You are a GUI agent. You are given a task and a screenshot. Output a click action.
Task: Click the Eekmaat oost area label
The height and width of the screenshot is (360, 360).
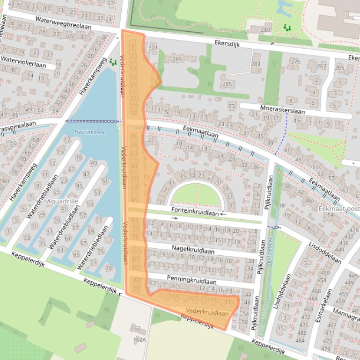point(339,208)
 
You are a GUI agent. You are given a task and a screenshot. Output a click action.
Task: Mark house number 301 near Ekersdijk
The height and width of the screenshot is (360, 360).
point(153,48)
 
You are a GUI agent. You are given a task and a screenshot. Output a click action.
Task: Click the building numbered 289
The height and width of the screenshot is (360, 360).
point(176,59)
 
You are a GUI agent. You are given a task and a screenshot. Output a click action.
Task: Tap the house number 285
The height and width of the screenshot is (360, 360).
point(227,84)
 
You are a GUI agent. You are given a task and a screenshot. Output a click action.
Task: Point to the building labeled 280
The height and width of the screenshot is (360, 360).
point(265,30)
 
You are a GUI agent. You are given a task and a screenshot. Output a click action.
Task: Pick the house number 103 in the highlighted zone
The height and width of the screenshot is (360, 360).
point(174,296)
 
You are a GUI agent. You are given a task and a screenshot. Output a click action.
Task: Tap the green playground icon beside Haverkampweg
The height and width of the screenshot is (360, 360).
point(112,61)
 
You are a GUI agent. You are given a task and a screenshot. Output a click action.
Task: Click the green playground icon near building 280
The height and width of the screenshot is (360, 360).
point(287,28)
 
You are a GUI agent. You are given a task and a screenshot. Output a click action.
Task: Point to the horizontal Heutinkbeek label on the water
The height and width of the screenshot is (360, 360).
point(83,132)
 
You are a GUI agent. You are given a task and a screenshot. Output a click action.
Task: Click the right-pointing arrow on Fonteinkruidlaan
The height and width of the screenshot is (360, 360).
point(175,218)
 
